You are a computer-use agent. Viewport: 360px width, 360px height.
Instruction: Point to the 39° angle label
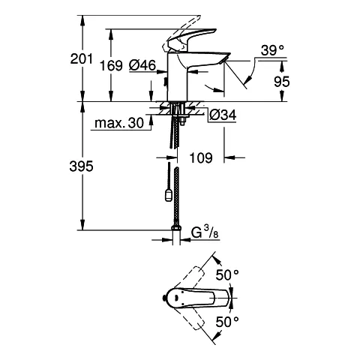coord(272,50)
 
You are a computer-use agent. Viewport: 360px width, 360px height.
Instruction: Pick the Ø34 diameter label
coord(223,115)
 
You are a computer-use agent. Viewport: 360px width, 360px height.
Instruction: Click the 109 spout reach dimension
coord(201,157)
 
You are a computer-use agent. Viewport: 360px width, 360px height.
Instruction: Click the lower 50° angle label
coord(226,322)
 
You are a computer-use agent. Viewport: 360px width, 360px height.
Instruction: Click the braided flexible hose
coord(177,195)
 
